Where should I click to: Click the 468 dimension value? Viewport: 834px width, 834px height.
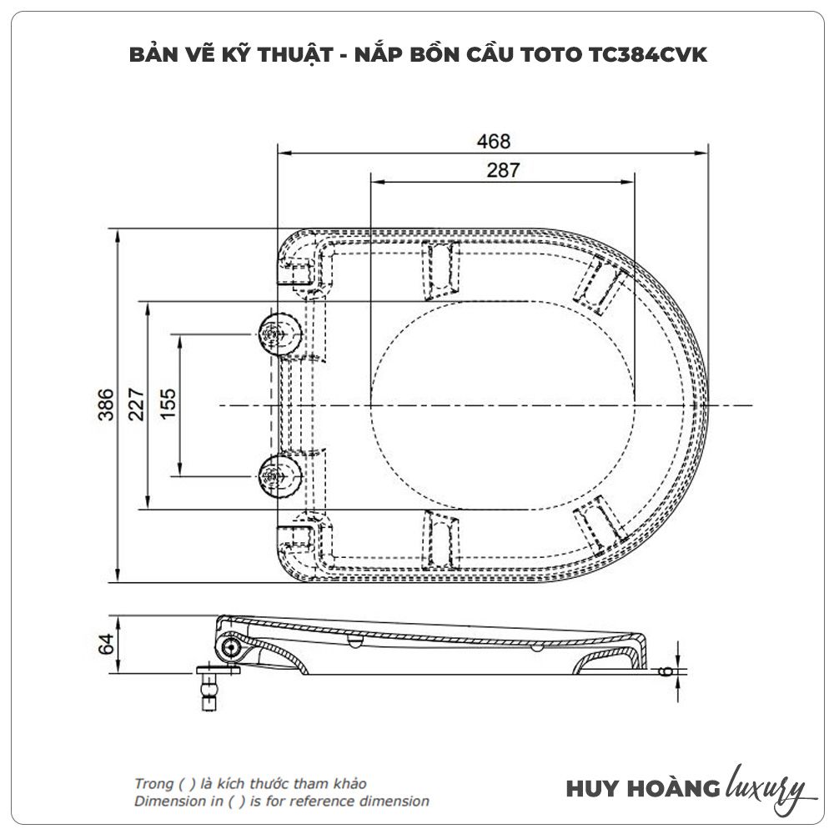click(494, 142)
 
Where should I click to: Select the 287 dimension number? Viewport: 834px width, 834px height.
click(503, 170)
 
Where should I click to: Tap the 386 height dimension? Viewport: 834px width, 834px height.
click(106, 404)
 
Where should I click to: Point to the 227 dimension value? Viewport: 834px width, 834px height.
click(136, 404)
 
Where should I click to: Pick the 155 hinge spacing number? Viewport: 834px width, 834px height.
click(168, 404)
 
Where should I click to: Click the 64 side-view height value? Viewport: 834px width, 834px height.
click(106, 644)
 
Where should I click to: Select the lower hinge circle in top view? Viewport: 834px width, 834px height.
click(279, 476)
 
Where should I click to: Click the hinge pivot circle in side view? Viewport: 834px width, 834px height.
click(231, 647)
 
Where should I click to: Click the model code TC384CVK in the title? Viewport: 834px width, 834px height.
click(648, 55)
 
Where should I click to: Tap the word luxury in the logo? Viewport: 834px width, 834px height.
click(766, 788)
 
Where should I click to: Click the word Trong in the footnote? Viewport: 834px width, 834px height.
click(153, 784)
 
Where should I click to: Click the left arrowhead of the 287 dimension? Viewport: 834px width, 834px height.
click(378, 182)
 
